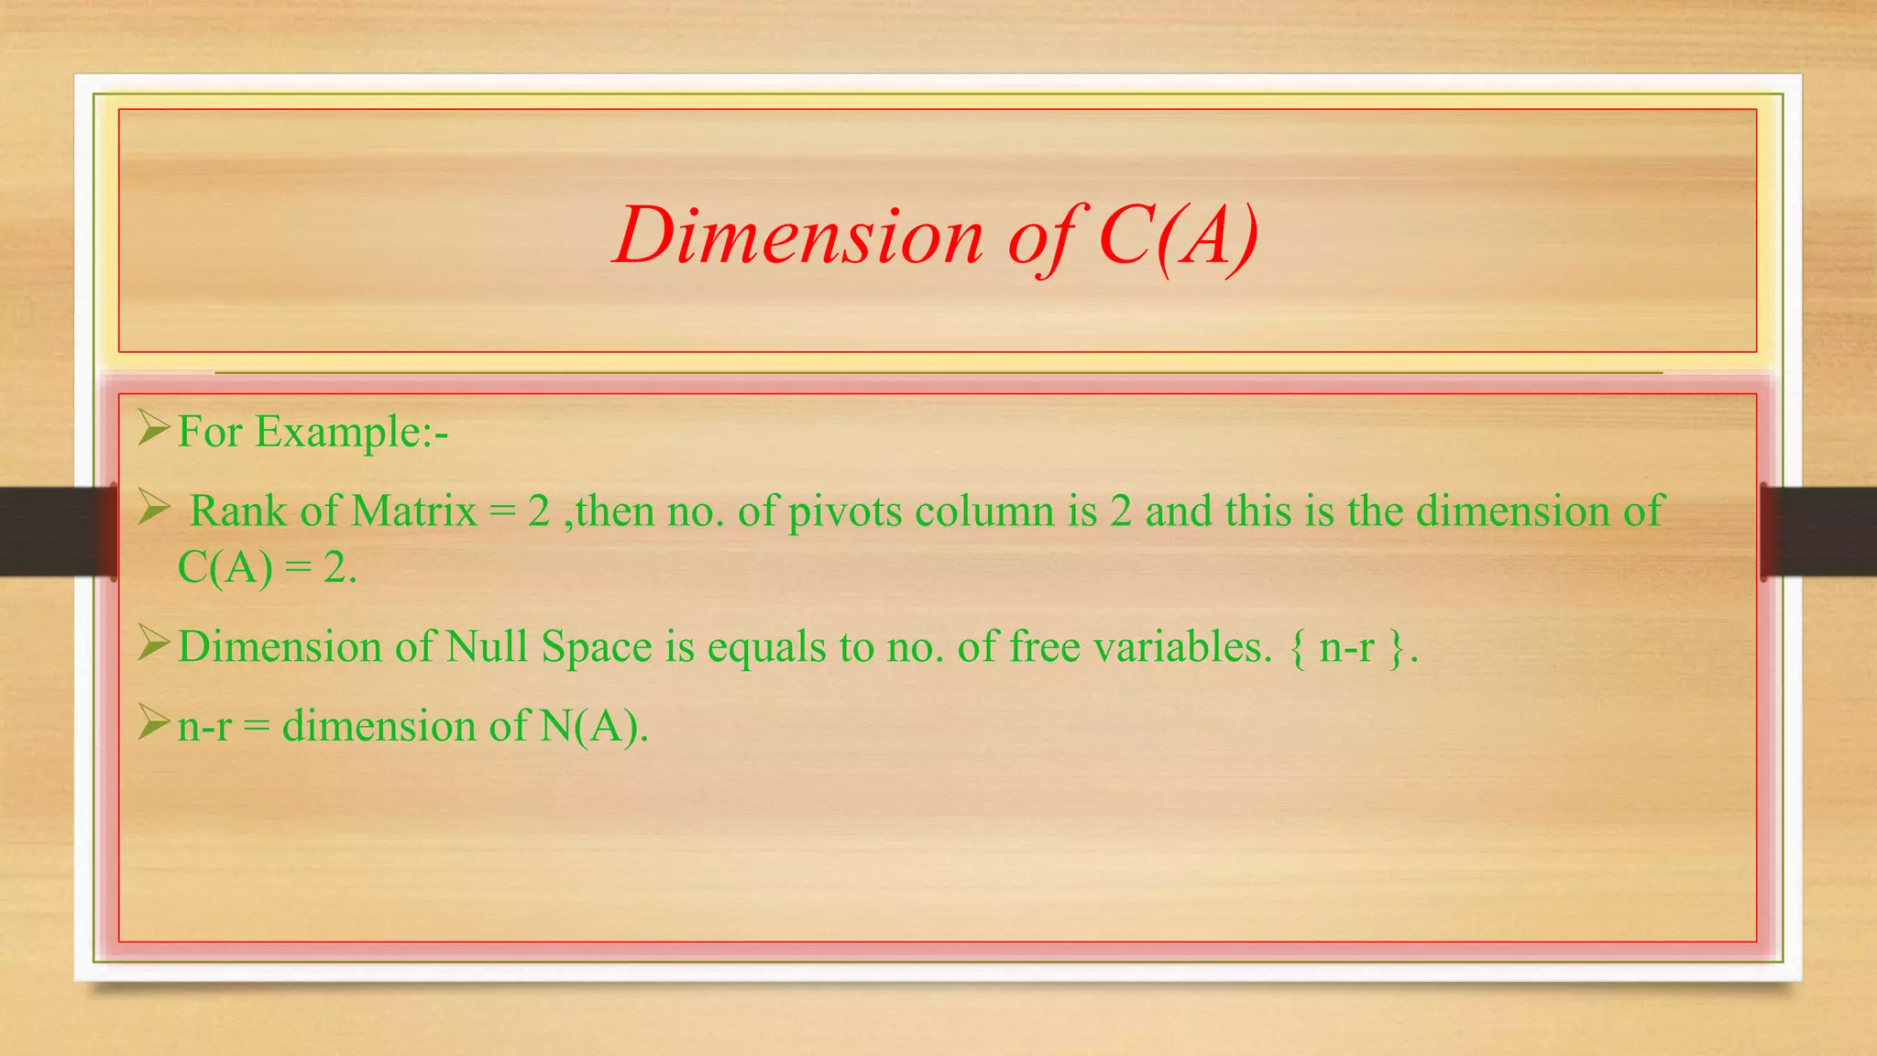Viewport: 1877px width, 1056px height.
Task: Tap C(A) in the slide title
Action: [1178, 236]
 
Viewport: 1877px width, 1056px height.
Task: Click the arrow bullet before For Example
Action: [153, 428]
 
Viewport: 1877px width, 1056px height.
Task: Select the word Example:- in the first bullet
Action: [351, 432]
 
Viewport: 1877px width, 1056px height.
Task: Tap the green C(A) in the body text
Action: [225, 568]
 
